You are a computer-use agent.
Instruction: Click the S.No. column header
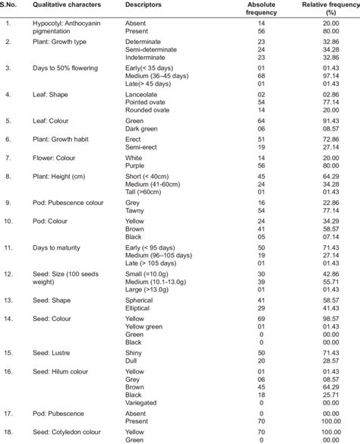(11, 5)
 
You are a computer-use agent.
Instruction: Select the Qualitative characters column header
(67, 5)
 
